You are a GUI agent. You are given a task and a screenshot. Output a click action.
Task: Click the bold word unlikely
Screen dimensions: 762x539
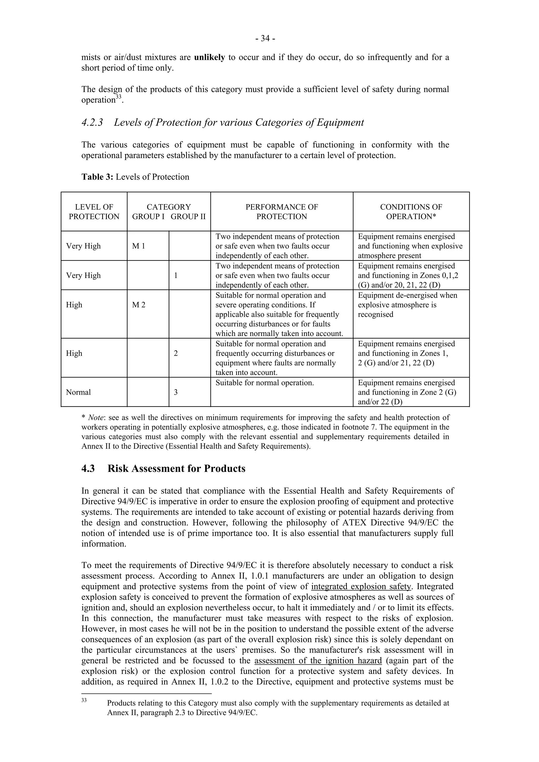[x=209, y=57]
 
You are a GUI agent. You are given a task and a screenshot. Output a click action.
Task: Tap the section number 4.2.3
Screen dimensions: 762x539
[x=92, y=123]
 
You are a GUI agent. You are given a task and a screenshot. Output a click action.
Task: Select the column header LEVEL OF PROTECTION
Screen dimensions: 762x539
[x=94, y=212]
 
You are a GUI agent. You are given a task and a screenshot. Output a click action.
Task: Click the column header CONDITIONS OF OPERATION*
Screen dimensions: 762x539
[x=411, y=212]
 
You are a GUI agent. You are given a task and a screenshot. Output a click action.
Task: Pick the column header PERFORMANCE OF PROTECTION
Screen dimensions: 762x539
[x=282, y=212]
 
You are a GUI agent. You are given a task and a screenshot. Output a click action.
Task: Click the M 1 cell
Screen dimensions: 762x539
[x=138, y=246]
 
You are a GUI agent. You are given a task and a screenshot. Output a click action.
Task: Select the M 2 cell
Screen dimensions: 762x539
[x=138, y=305]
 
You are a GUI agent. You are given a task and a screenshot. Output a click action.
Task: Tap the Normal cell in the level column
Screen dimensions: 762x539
[x=78, y=392]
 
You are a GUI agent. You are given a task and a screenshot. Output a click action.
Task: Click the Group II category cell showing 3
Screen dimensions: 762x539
[x=176, y=392]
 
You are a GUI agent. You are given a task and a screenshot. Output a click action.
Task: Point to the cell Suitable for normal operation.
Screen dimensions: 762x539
[x=265, y=383]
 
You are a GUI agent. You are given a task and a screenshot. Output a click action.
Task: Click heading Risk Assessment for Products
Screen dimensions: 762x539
[x=176, y=469]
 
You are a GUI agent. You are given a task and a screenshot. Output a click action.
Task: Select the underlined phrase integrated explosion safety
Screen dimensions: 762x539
[x=361, y=587]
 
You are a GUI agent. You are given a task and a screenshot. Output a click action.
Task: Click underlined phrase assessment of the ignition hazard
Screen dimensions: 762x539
[x=318, y=660]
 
